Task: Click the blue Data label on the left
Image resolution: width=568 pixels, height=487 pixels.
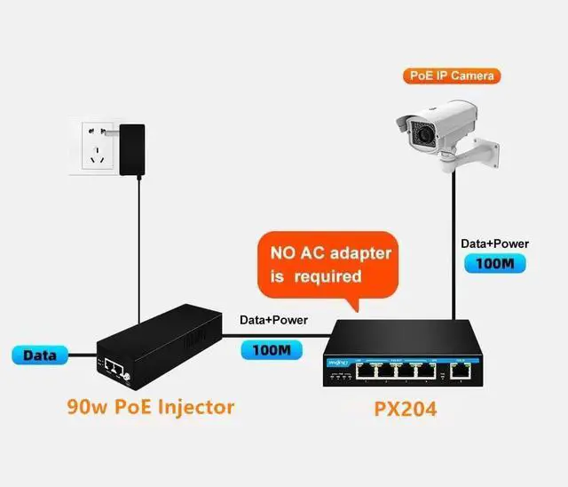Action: pyautogui.click(x=40, y=355)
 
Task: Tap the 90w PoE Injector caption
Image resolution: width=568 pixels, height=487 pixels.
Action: pyautogui.click(x=151, y=407)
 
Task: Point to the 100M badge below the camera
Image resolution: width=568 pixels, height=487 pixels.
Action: pyautogui.click(x=494, y=263)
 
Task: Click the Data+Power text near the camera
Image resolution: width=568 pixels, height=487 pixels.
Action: pyautogui.click(x=494, y=243)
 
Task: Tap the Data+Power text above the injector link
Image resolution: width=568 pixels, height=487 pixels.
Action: pyautogui.click(x=273, y=320)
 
